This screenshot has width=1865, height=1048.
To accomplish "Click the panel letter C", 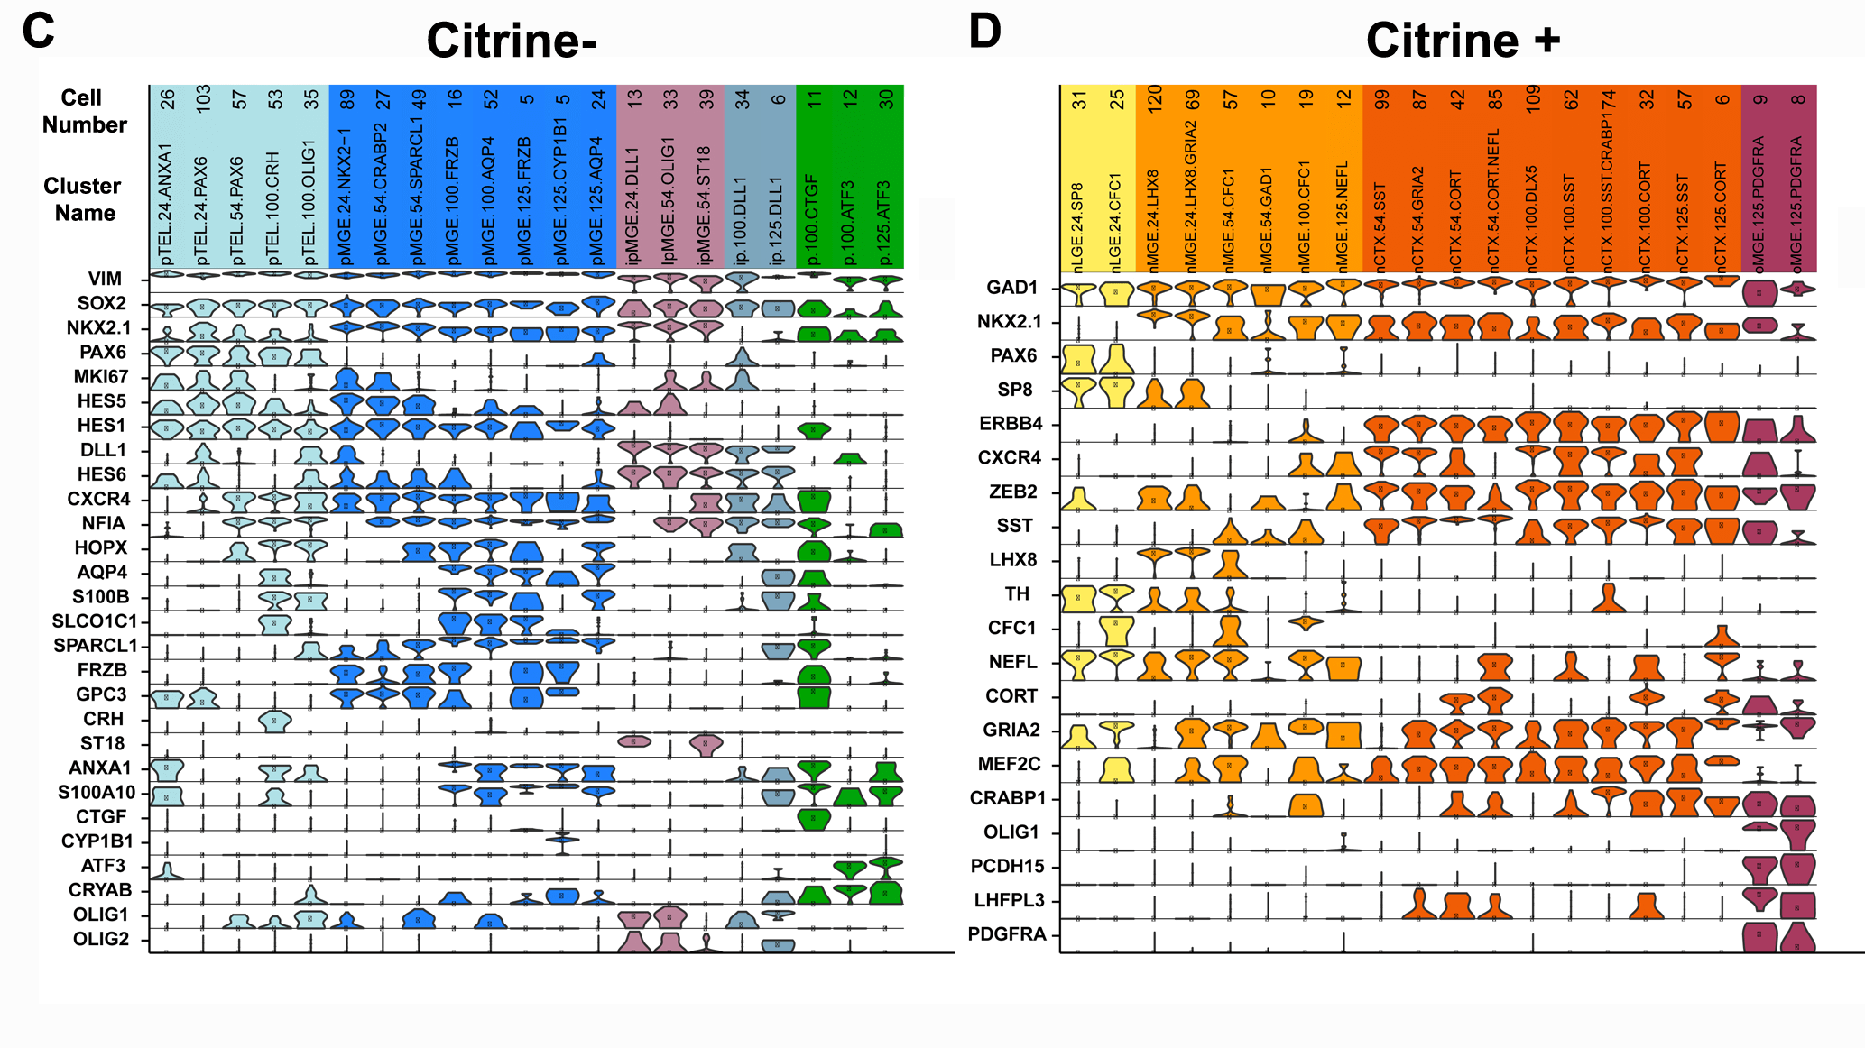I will tap(38, 31).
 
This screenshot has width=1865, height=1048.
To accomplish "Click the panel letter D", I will tap(984, 31).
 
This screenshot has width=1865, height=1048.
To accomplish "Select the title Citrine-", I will tap(512, 41).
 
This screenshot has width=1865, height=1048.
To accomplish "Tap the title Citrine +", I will tap(1463, 41).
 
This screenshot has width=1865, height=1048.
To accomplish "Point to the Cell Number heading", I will tap(84, 111).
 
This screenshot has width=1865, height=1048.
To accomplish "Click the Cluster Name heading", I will tap(82, 199).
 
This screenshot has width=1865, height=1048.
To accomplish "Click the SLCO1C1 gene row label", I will tap(95, 621).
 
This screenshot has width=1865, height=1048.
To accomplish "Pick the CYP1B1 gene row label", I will tap(97, 841).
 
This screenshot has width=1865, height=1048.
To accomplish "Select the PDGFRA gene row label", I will tap(1007, 934).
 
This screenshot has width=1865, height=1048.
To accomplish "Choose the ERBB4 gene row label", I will tap(1011, 424).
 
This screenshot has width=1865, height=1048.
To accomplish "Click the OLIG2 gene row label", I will tap(101, 939).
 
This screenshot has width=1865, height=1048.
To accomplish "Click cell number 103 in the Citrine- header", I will tap(203, 97).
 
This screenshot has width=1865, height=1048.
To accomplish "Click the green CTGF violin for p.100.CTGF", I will tap(814, 819).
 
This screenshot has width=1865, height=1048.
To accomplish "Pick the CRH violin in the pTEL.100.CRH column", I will tap(274, 721).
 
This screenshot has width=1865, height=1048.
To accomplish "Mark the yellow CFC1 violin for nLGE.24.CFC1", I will tap(1116, 630).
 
